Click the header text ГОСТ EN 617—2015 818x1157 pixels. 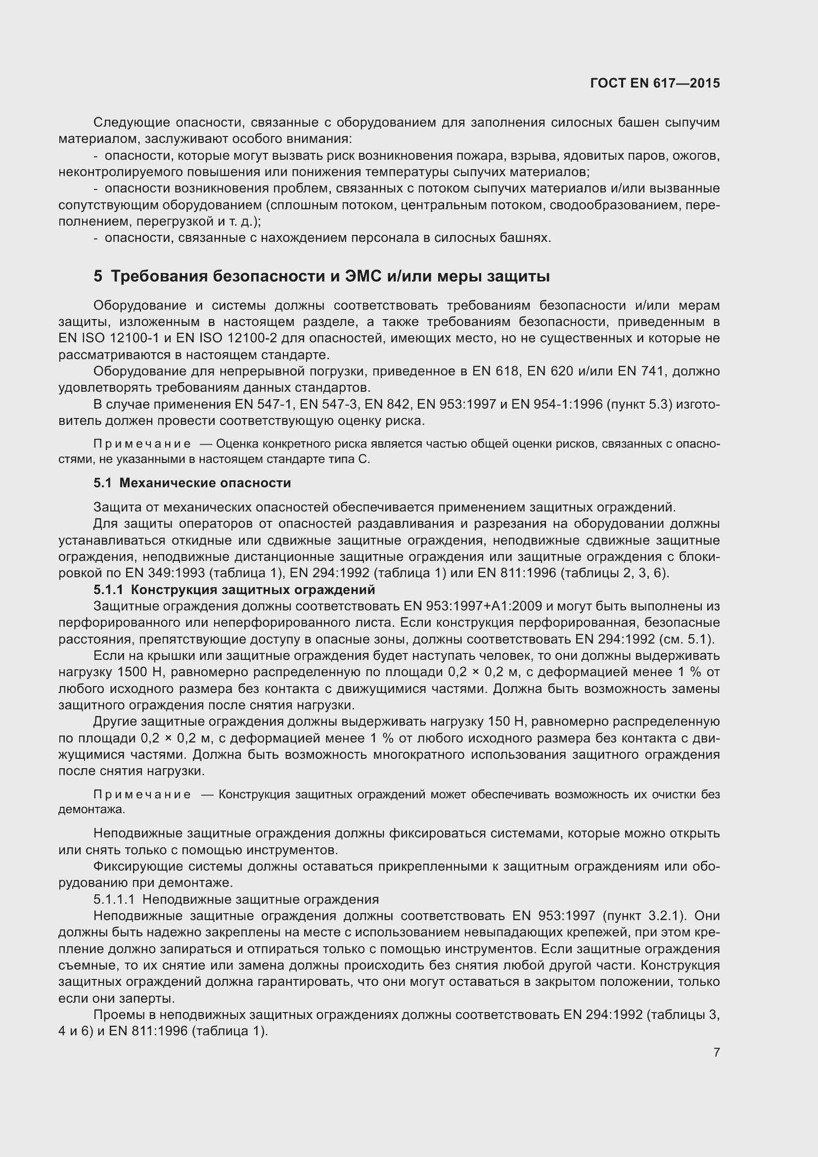click(x=655, y=83)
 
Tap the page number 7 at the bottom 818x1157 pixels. click(x=716, y=1052)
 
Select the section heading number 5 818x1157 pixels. click(x=98, y=277)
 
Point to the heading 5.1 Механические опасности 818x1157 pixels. click(x=192, y=483)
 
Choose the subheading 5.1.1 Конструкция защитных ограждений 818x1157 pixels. click(x=234, y=590)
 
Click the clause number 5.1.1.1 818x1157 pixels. click(x=114, y=899)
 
